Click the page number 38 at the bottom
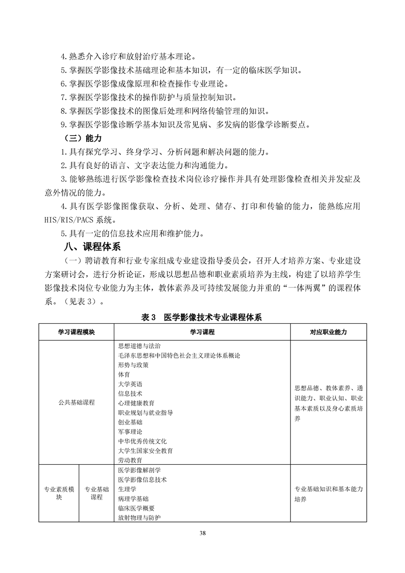tap(203, 534)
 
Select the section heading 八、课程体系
tap(91, 247)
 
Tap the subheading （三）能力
tap(81, 138)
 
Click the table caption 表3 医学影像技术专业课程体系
tap(202, 317)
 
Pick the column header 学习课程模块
tap(77, 332)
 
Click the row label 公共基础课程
tap(77, 403)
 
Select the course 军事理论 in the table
tap(130, 432)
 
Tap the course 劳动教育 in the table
tap(130, 460)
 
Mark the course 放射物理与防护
tap(139, 518)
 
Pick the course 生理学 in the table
tap(127, 489)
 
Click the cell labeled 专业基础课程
tap(97, 493)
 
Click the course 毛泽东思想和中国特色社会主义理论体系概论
tap(179, 355)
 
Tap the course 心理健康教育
tap(136, 403)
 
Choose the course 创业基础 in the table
tap(130, 422)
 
